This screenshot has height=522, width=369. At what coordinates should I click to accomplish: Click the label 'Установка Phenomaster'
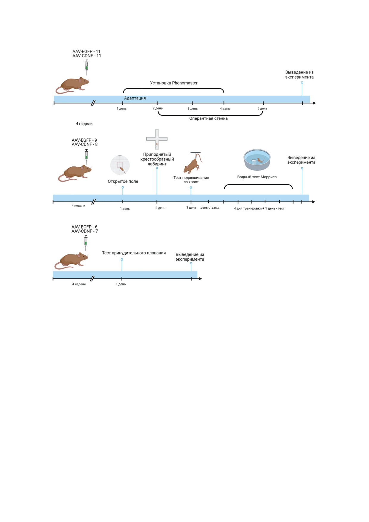click(x=174, y=83)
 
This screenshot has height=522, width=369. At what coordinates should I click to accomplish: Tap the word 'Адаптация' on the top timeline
click(x=135, y=98)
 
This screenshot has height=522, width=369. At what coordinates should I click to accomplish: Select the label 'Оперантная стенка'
click(x=208, y=118)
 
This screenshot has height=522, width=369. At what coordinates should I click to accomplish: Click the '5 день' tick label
click(x=262, y=109)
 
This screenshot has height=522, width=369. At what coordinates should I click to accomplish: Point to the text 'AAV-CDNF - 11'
click(x=87, y=56)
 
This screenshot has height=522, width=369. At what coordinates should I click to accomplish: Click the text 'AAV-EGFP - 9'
click(x=84, y=140)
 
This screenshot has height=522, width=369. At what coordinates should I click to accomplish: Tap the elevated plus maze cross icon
click(x=157, y=139)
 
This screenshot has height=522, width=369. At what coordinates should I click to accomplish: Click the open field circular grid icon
click(x=120, y=165)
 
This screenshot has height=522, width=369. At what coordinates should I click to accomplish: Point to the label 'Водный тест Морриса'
click(x=257, y=177)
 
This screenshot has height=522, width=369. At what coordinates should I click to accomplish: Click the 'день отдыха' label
click(x=210, y=208)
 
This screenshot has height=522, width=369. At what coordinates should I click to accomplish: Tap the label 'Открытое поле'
click(x=123, y=182)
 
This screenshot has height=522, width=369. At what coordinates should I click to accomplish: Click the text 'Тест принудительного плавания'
click(x=134, y=253)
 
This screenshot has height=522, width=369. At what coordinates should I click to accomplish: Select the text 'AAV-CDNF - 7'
click(x=85, y=231)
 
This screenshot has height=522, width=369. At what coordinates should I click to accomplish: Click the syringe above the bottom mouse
click(x=86, y=242)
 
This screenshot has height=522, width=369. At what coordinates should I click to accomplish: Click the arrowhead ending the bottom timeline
click(x=200, y=279)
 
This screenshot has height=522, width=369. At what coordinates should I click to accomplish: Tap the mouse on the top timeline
click(x=72, y=85)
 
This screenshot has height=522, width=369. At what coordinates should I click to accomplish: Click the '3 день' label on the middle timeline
click(x=191, y=208)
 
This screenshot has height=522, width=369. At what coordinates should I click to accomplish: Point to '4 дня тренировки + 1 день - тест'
click(x=259, y=209)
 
